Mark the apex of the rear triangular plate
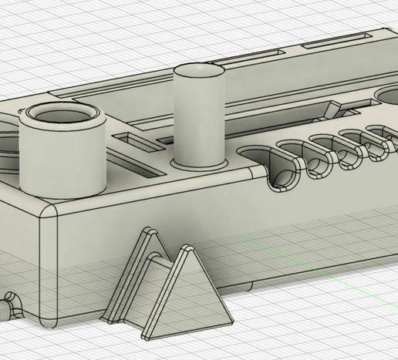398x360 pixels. [x=146, y=230]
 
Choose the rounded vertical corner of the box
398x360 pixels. [x=51, y=262]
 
